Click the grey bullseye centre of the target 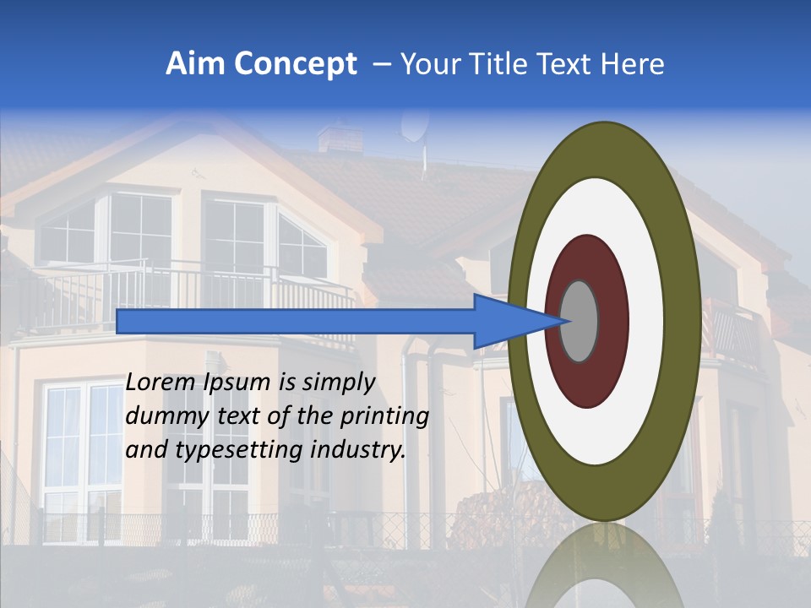(x=580, y=321)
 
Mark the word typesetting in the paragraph (x=226, y=451)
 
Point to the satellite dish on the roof (x=413, y=126)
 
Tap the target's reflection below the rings (x=603, y=566)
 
